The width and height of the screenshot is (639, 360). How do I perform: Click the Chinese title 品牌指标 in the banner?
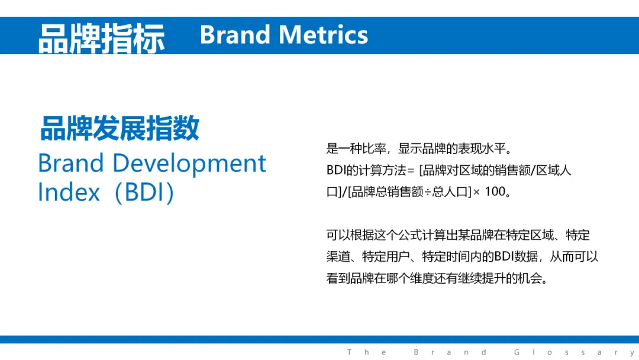[x=102, y=38]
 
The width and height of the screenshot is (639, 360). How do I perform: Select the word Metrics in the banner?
[x=324, y=35]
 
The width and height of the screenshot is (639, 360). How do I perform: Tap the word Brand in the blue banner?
[x=235, y=35]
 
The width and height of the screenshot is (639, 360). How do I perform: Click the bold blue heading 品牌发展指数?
[x=120, y=128]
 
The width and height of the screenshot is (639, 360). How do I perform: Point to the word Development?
[x=189, y=164]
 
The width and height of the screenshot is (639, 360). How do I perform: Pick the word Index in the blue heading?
[x=69, y=192]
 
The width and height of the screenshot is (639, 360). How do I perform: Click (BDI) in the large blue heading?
[x=145, y=192]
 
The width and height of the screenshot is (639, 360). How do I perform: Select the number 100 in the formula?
[x=495, y=191]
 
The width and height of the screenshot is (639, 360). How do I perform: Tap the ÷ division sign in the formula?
[x=428, y=192]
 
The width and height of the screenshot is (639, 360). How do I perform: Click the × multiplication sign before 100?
[x=476, y=192]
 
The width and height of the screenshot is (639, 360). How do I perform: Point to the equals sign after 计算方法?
[x=411, y=171]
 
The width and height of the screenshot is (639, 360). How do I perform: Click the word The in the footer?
[x=366, y=352]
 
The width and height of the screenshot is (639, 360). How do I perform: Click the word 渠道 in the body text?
[x=338, y=257]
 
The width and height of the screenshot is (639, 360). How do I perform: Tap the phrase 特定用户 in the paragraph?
[x=386, y=257]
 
